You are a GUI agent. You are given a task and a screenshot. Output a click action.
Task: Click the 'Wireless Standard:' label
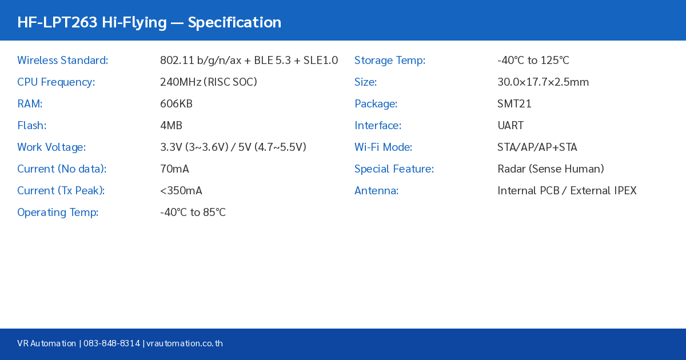click(x=62, y=61)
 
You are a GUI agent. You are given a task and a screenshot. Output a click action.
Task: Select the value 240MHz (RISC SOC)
click(x=208, y=82)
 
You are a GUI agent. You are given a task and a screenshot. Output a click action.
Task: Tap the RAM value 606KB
click(x=176, y=104)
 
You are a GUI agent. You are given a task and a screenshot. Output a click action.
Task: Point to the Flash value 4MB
click(x=171, y=126)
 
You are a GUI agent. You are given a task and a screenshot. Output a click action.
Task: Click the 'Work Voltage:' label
click(x=51, y=147)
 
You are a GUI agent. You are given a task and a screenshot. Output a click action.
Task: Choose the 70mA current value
click(x=174, y=169)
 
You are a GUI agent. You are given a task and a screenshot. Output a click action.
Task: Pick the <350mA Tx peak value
click(x=181, y=191)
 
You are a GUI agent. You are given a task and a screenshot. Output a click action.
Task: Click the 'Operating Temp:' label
click(x=58, y=213)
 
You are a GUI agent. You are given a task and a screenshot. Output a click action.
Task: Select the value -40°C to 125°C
click(x=533, y=61)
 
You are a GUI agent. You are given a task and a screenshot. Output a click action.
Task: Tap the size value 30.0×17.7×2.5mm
click(x=543, y=82)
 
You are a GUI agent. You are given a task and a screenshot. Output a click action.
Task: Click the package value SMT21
click(x=514, y=104)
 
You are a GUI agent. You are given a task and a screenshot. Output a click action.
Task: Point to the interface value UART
click(x=510, y=126)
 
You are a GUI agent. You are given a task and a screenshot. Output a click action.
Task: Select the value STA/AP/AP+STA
click(x=537, y=147)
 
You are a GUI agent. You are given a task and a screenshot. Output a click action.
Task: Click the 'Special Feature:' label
click(x=394, y=169)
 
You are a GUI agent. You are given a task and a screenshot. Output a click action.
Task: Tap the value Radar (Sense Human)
click(x=551, y=169)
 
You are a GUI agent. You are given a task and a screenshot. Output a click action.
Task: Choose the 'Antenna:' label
click(x=376, y=191)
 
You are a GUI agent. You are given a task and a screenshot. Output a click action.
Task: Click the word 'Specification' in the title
click(x=234, y=22)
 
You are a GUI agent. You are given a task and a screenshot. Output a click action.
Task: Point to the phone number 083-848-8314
click(x=111, y=343)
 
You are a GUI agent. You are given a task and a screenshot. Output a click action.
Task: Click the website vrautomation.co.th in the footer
click(x=185, y=343)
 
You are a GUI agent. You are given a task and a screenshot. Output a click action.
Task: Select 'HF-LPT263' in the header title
click(x=57, y=22)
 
